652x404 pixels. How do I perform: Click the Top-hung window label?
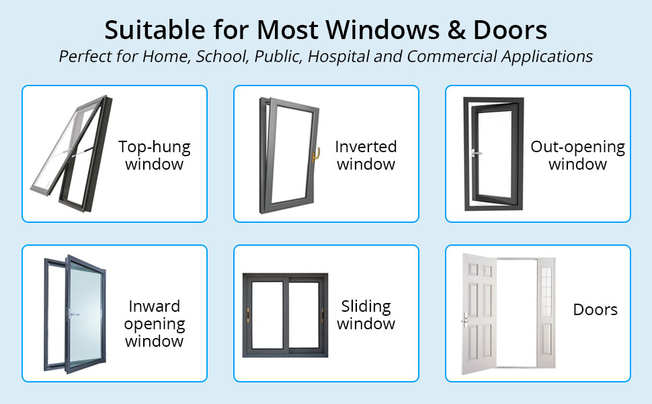coord(155,155)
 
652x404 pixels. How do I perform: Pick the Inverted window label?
coord(366,155)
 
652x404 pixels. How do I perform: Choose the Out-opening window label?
coord(577,155)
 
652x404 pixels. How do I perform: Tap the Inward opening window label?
coord(155,323)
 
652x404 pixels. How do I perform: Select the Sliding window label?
coord(366,315)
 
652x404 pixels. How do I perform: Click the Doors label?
coord(595,310)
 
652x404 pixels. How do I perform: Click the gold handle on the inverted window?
coord(313,156)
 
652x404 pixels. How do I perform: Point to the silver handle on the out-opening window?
coord(476,153)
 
